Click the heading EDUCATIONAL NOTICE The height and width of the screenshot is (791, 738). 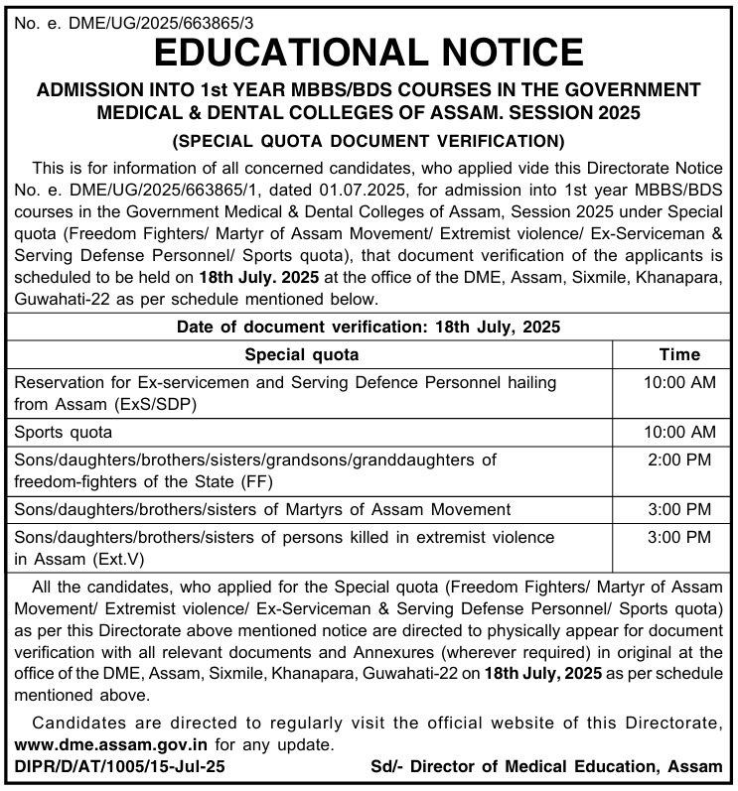[369, 51]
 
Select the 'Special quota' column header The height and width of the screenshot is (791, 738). [302, 354]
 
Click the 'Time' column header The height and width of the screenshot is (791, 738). [679, 354]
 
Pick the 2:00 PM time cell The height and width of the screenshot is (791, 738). [679, 461]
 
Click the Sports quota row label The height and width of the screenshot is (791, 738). [64, 432]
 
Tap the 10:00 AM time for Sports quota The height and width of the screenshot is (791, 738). [679, 432]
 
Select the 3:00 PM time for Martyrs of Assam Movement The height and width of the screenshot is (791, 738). [679, 510]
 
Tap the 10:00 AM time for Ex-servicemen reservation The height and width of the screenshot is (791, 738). [679, 382]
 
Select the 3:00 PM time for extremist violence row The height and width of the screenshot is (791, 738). [679, 538]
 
